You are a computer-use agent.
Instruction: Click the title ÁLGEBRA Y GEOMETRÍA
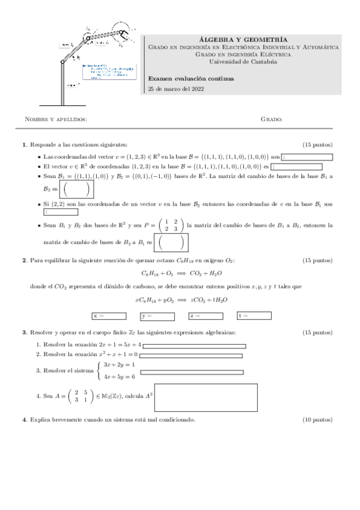pyautogui.click(x=243, y=38)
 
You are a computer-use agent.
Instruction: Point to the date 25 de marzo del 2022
pyautogui.click(x=176, y=89)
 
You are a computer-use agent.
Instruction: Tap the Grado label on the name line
pyautogui.click(x=272, y=119)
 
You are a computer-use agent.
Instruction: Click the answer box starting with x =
pyautogui.click(x=109, y=315)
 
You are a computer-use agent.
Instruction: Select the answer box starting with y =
pyautogui.click(x=157, y=315)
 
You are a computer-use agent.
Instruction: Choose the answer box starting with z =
pyautogui.click(x=206, y=315)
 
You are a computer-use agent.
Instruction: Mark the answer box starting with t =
pyautogui.click(x=255, y=315)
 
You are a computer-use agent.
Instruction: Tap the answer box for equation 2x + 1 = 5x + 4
pyautogui.click(x=194, y=346)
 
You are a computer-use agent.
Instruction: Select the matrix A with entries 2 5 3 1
pyautogui.click(x=81, y=396)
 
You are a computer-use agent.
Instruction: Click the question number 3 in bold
pyautogui.click(x=24, y=333)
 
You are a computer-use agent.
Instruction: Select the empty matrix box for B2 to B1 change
pyautogui.click(x=172, y=243)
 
